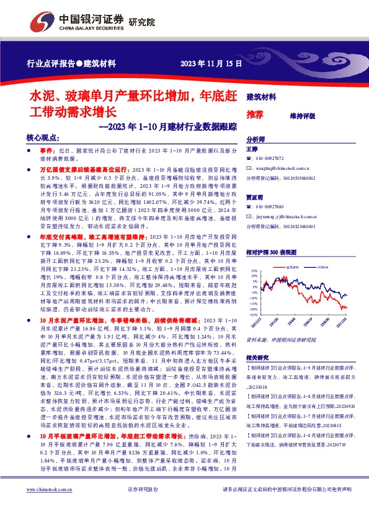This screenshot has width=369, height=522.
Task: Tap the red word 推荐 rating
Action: tap(255, 115)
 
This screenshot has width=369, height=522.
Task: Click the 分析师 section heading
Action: tap(256, 140)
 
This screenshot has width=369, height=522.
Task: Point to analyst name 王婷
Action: tap(251, 149)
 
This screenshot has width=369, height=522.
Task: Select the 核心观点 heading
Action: tap(43, 139)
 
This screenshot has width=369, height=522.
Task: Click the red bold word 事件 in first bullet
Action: tap(47, 151)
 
